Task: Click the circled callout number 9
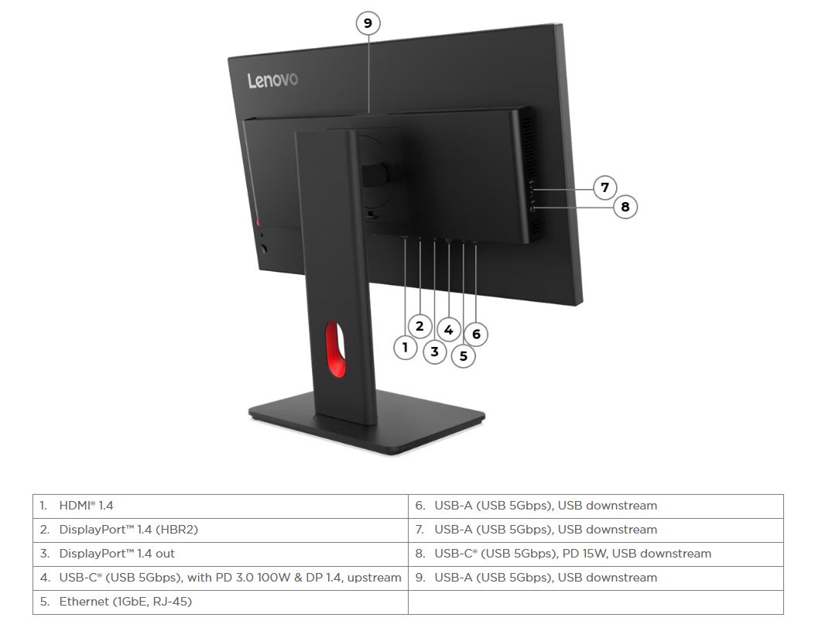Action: [x=368, y=23]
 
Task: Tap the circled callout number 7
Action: [x=604, y=187]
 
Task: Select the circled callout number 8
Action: [x=625, y=207]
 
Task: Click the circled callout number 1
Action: [x=406, y=347]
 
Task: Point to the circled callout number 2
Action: [x=420, y=327]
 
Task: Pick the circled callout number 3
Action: [x=435, y=352]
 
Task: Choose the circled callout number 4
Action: [x=449, y=330]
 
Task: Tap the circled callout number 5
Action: [x=463, y=356]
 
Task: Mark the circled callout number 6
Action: [x=476, y=334]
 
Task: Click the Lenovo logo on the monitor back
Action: [x=272, y=80]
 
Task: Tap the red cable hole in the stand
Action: [x=335, y=348]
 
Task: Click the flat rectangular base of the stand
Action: [x=367, y=422]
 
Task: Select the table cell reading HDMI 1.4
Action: [x=221, y=506]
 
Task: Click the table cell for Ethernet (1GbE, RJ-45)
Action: [x=221, y=602]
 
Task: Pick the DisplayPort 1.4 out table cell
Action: [x=221, y=554]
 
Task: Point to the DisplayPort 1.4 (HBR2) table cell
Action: [x=221, y=530]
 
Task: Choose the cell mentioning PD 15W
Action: [x=596, y=554]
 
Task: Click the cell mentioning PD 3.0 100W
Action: [x=221, y=578]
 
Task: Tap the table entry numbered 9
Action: [x=596, y=578]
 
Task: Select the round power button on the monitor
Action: [x=263, y=249]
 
